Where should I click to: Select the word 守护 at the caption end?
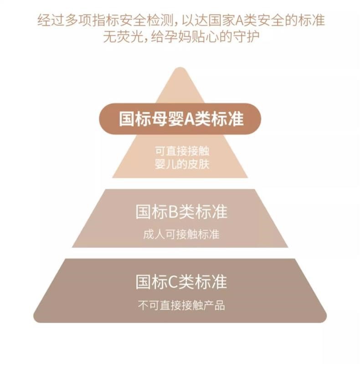click(x=248, y=36)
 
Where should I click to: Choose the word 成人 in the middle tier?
click(x=151, y=234)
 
